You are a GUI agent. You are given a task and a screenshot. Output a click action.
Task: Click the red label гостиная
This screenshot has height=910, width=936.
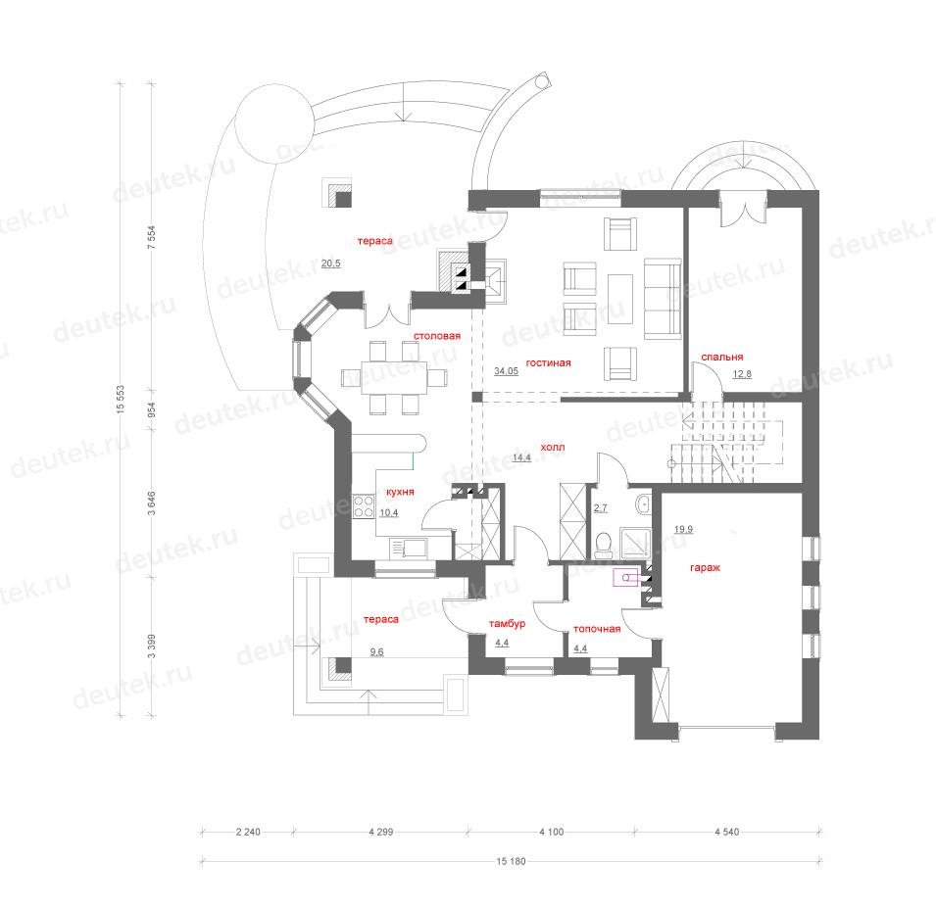tap(548, 362)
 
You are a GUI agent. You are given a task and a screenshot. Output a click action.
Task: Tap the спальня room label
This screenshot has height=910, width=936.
tap(721, 357)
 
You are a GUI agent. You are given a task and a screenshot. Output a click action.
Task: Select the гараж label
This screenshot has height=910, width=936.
tap(705, 567)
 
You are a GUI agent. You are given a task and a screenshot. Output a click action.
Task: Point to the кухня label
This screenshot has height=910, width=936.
tap(400, 492)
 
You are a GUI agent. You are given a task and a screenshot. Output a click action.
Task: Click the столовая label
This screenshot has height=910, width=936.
tap(437, 336)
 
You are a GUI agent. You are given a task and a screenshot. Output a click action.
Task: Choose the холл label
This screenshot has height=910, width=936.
tap(552, 447)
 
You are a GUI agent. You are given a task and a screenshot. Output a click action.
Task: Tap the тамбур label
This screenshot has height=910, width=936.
tap(507, 624)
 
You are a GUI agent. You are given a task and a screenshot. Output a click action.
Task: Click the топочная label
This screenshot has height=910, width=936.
tap(597, 629)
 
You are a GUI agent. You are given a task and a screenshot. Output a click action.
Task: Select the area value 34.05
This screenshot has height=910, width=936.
tap(506, 371)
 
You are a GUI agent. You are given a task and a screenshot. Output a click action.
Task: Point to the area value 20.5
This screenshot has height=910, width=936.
tap(330, 263)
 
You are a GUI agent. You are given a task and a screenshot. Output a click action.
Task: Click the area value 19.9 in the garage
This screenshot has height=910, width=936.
tap(683, 529)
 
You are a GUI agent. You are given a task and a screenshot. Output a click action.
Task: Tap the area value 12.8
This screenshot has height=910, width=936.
tap(742, 374)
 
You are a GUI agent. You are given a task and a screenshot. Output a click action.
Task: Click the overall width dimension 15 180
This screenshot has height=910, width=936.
tap(511, 861)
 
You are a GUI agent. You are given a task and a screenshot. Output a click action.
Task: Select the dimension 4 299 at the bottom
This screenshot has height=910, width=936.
tap(381, 832)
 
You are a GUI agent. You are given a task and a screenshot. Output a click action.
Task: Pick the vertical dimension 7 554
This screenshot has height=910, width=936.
tap(152, 237)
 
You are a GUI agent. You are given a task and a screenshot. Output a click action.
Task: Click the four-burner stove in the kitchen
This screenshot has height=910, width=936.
tap(364, 506)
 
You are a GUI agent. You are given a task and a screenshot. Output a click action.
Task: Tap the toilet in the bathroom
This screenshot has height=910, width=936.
tap(604, 546)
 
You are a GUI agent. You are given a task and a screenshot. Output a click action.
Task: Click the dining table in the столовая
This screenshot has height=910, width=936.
tap(394, 378)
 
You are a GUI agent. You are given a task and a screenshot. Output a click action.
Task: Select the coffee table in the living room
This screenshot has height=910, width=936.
tap(620, 299)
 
